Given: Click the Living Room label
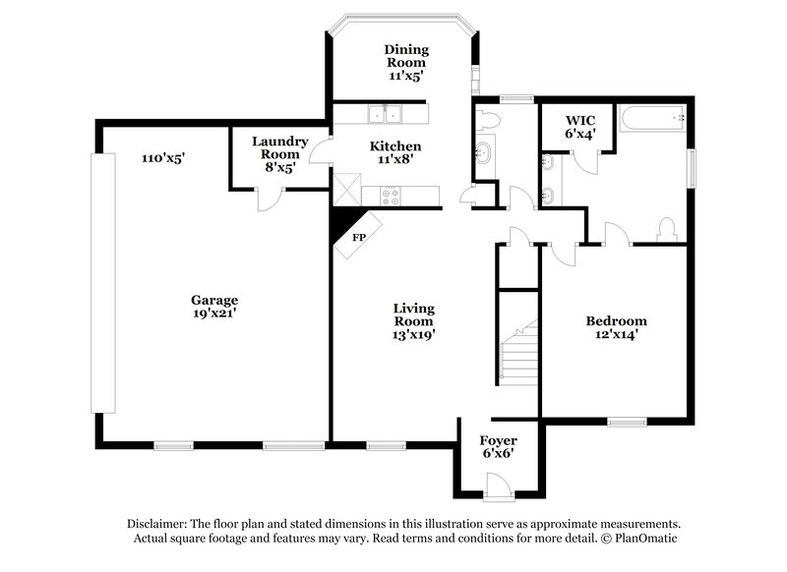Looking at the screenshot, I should pos(413,320).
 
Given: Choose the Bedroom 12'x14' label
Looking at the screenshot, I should pos(616,327).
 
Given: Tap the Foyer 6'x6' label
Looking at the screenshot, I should pos(498,447).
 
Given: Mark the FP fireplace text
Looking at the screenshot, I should pos(359,238).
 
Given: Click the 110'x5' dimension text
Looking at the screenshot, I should pos(163,157).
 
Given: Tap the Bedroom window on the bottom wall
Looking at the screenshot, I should pos(627,423).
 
